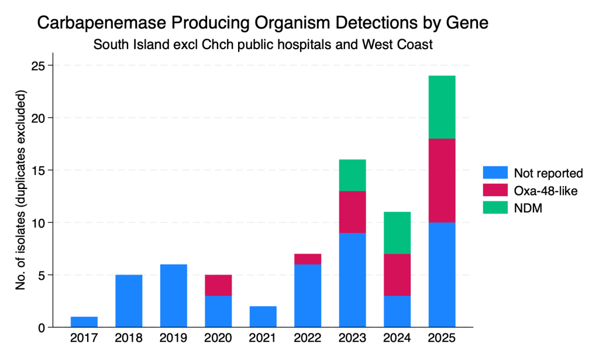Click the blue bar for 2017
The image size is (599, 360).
[84, 322]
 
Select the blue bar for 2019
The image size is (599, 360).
[173, 296]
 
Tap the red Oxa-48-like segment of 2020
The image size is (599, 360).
[218, 286]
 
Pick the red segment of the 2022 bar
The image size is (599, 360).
[308, 259]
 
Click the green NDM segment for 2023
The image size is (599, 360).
[352, 176]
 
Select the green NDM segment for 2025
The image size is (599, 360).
[442, 107]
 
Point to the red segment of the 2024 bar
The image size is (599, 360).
[397, 275]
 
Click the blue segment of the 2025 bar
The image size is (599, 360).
[442, 275]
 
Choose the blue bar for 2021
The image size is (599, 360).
[263, 317]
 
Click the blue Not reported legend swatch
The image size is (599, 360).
[495, 173]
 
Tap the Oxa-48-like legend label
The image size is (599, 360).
[546, 191]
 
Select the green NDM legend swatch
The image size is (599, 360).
[495, 208]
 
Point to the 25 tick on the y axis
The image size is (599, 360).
[37, 66]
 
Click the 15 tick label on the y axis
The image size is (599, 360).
[37, 170]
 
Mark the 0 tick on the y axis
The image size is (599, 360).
[42, 328]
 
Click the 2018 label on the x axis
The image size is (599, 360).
[129, 338]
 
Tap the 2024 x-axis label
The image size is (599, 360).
[397, 338]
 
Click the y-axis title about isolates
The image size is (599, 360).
[20, 190]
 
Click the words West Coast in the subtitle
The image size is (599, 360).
[397, 44]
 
